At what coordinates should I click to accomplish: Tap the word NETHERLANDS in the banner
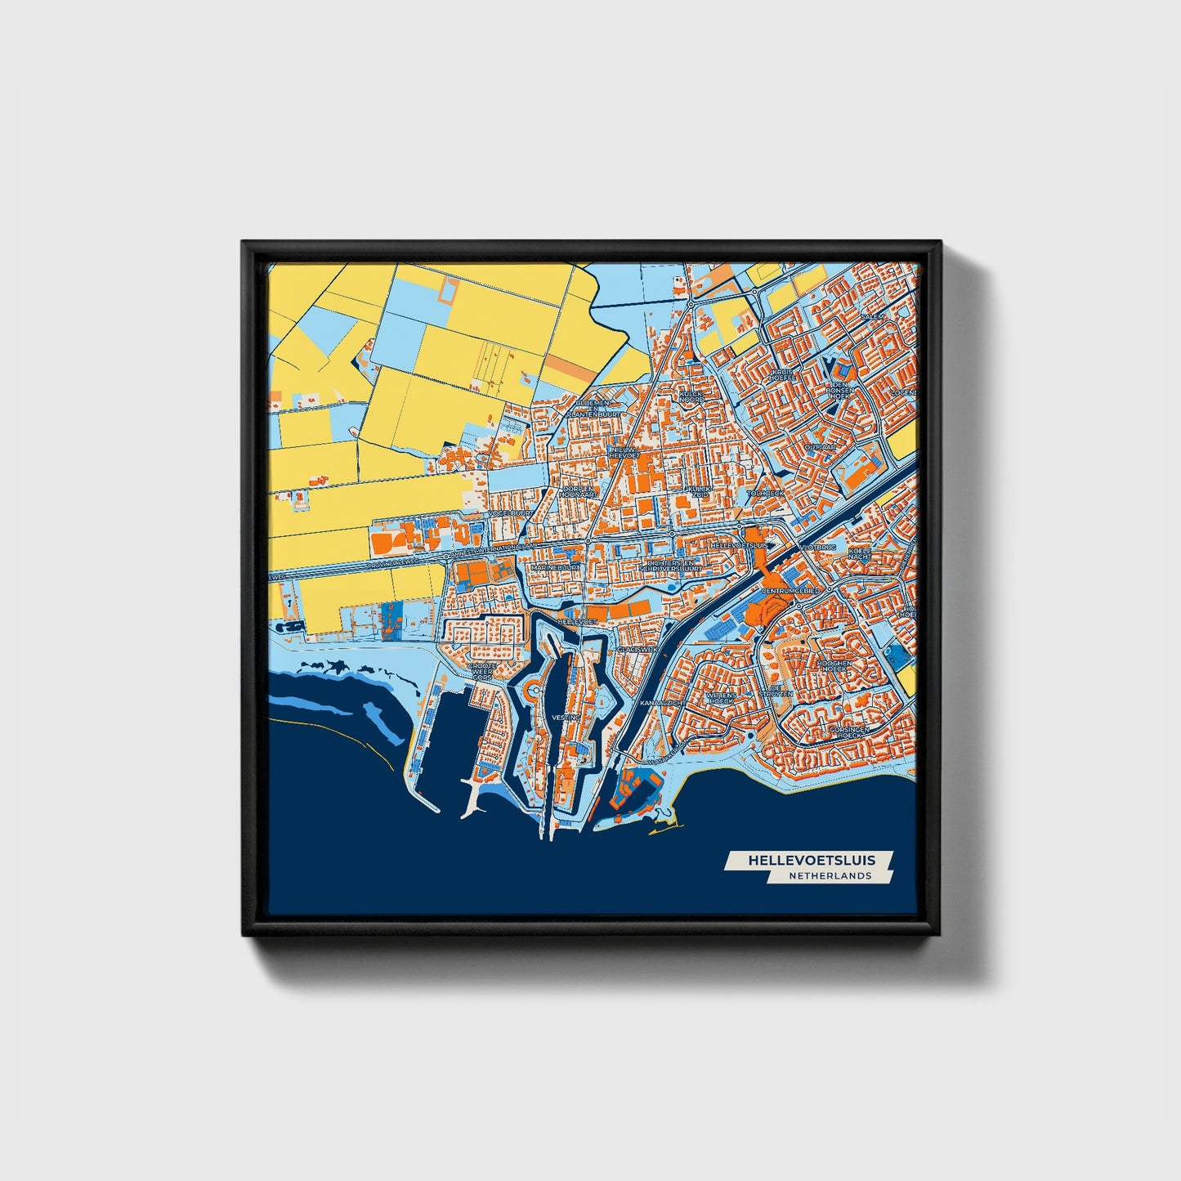(x=830, y=876)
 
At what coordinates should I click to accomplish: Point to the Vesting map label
(x=566, y=717)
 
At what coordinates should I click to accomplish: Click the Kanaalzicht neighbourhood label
(x=663, y=703)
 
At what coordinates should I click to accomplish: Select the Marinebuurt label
(x=556, y=566)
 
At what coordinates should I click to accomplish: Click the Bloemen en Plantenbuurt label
(x=597, y=409)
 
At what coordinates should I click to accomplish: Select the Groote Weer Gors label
(x=481, y=672)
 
